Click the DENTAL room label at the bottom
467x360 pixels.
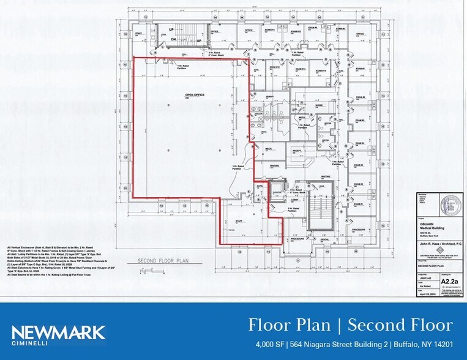click(x=324, y=239)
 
